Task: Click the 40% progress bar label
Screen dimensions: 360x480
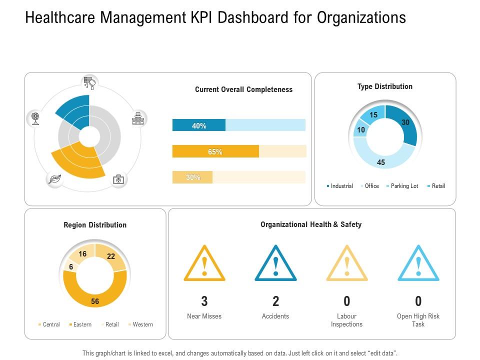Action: point(199,126)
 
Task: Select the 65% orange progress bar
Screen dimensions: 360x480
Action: point(215,151)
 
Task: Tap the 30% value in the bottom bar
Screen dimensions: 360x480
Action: point(193,177)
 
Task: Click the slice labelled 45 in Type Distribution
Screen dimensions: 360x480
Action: point(381,162)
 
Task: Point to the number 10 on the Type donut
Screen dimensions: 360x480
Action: point(360,130)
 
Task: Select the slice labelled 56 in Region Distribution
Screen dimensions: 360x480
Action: point(94,301)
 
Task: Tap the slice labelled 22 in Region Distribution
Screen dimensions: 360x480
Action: point(111,256)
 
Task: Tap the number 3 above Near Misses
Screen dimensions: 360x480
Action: point(204,301)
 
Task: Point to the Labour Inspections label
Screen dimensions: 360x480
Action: point(346,320)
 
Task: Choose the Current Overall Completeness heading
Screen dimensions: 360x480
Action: point(243,89)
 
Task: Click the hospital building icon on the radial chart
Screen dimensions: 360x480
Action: point(137,119)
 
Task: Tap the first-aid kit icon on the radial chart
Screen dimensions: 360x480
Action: point(118,179)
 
